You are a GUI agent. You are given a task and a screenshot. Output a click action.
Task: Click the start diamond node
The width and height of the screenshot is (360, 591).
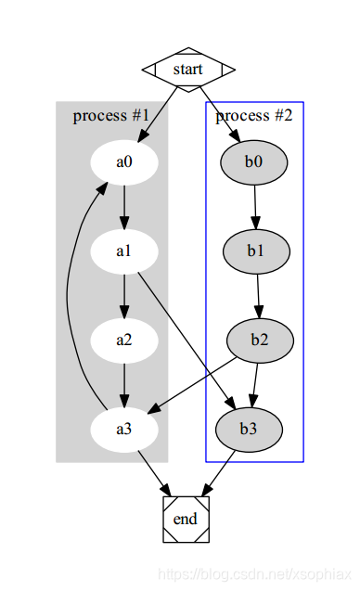click(187, 70)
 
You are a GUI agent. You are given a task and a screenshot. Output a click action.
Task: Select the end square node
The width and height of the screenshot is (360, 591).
click(186, 519)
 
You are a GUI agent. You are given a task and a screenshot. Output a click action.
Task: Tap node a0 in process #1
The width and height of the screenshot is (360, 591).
click(124, 161)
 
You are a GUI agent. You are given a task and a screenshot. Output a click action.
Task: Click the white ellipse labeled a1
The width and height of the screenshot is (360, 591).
click(124, 251)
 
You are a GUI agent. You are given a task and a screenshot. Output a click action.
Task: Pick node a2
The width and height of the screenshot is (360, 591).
click(124, 340)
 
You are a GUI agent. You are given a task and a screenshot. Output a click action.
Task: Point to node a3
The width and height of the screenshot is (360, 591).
click(124, 429)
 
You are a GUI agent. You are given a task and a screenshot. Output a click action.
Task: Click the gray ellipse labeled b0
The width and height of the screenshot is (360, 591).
click(254, 161)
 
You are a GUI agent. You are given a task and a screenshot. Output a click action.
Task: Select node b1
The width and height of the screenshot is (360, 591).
click(257, 251)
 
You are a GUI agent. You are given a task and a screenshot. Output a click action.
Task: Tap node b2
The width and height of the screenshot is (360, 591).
click(260, 340)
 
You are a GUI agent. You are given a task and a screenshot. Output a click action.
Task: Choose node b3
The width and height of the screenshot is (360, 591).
click(249, 429)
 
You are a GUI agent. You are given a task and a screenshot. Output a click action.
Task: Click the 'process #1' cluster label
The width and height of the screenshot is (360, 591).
click(111, 116)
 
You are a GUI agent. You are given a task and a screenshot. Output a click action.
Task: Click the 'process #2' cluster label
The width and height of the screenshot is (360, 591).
click(254, 116)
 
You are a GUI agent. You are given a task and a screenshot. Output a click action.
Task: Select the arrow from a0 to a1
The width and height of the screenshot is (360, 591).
click(124, 206)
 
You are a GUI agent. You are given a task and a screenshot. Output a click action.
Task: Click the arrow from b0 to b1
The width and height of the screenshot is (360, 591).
click(255, 206)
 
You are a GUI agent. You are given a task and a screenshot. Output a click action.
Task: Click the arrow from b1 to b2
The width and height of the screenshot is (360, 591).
click(258, 295)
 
